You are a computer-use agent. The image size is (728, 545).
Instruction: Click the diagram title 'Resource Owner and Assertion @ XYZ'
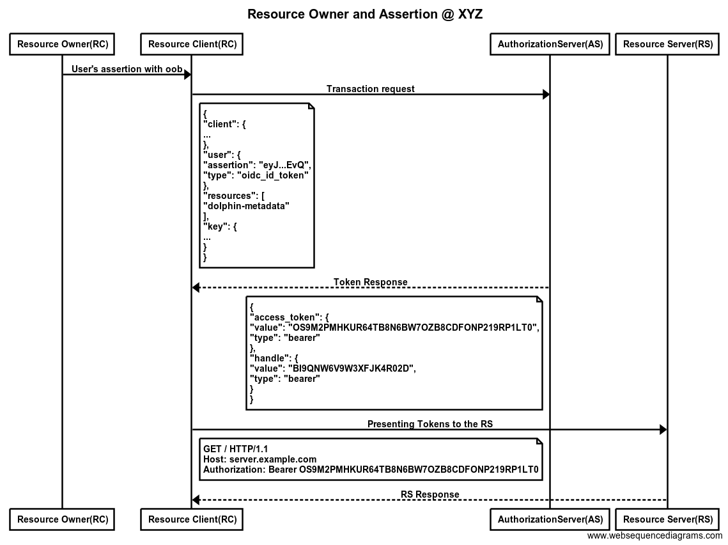[x=365, y=14]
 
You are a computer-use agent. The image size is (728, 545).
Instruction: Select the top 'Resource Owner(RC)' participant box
[x=62, y=44]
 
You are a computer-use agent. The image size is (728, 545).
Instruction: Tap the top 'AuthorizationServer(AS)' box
[x=550, y=44]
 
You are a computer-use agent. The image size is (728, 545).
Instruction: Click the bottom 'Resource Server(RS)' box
[x=668, y=519]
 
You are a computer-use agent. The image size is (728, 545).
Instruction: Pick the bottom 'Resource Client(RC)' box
[x=192, y=519]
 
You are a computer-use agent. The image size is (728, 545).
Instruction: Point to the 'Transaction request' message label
[x=371, y=89]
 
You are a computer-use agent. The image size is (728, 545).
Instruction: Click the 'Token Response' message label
[x=371, y=282]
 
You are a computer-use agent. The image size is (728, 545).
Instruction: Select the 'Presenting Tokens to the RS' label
[x=430, y=423]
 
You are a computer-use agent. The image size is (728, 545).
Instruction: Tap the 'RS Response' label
[x=430, y=494]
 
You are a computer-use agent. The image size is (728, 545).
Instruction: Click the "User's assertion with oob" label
[x=127, y=69]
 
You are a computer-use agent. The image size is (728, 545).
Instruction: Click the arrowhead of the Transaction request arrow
[x=546, y=95]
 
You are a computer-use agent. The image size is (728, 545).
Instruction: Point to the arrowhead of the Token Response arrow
[x=196, y=288]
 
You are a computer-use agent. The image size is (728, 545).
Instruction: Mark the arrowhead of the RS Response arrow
[x=196, y=500]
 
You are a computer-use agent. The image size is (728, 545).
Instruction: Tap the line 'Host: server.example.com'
[x=260, y=459]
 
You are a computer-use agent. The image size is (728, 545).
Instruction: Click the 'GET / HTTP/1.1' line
[x=236, y=449]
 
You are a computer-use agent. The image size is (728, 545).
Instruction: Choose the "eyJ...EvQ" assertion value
[x=286, y=165]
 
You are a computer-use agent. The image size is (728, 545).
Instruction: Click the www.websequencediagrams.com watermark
[x=654, y=536]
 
